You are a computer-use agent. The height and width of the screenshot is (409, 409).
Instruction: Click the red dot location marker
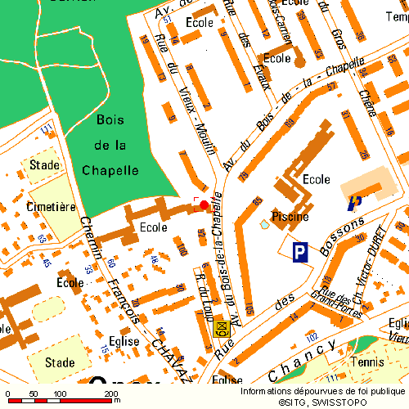(x=204, y=204)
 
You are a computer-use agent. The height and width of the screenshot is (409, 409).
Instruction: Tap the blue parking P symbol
(x=301, y=253)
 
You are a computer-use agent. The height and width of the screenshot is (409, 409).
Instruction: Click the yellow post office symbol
(x=220, y=330)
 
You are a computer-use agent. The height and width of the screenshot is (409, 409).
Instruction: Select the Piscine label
(x=290, y=217)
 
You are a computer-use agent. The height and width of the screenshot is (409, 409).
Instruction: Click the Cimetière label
(x=51, y=207)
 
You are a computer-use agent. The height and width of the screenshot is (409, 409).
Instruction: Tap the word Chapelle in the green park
(x=110, y=170)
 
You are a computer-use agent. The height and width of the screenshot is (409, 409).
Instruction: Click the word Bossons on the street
(x=344, y=236)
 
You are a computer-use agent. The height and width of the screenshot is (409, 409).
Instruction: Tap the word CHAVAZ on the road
(x=169, y=361)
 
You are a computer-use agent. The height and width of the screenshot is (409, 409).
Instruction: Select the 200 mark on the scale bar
(x=110, y=393)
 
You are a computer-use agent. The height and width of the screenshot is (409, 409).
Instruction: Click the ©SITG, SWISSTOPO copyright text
(x=324, y=402)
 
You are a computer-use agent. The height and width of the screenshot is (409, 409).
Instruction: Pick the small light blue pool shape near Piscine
(x=263, y=223)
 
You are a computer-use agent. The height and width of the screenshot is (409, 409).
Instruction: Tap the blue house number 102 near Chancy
(x=311, y=337)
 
